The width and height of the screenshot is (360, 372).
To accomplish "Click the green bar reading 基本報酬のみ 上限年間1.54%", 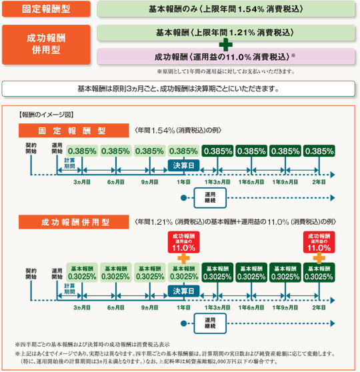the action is point(226,9).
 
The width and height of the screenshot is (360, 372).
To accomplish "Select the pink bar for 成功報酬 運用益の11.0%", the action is point(226,57).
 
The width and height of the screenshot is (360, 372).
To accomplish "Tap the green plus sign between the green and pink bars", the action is point(226,45).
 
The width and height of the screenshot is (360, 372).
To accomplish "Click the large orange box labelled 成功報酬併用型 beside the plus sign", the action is point(46,45).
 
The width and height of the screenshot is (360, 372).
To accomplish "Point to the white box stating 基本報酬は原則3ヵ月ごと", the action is point(178,89).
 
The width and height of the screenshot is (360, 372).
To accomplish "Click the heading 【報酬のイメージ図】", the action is point(46,115).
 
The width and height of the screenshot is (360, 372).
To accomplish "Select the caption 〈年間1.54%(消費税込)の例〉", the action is point(178,130).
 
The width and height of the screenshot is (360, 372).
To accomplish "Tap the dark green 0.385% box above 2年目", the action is point(319,151).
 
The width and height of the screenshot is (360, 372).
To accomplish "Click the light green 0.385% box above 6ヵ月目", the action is point(116,151).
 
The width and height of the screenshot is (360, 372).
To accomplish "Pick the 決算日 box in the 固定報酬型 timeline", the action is point(184,165).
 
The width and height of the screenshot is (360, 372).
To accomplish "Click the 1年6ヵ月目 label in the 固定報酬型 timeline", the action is point(251,182).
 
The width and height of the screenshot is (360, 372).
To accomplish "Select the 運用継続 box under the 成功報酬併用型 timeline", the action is point(210,323).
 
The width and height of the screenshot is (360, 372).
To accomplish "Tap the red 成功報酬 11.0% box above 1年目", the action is point(184,242).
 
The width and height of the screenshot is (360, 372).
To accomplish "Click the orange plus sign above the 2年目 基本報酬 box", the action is point(319,258).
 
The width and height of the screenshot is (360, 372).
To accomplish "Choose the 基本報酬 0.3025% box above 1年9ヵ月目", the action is point(285,273).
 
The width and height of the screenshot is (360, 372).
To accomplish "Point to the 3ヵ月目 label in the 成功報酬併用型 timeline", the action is point(82,307).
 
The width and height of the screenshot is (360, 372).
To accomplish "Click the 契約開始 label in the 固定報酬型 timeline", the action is point(31,148).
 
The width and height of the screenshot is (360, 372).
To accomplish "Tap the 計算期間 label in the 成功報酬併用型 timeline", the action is point(69,289).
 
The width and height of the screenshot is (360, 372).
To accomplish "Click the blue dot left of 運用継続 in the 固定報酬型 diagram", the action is point(184,198).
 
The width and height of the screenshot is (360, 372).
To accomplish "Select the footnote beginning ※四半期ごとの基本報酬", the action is point(92,344).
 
